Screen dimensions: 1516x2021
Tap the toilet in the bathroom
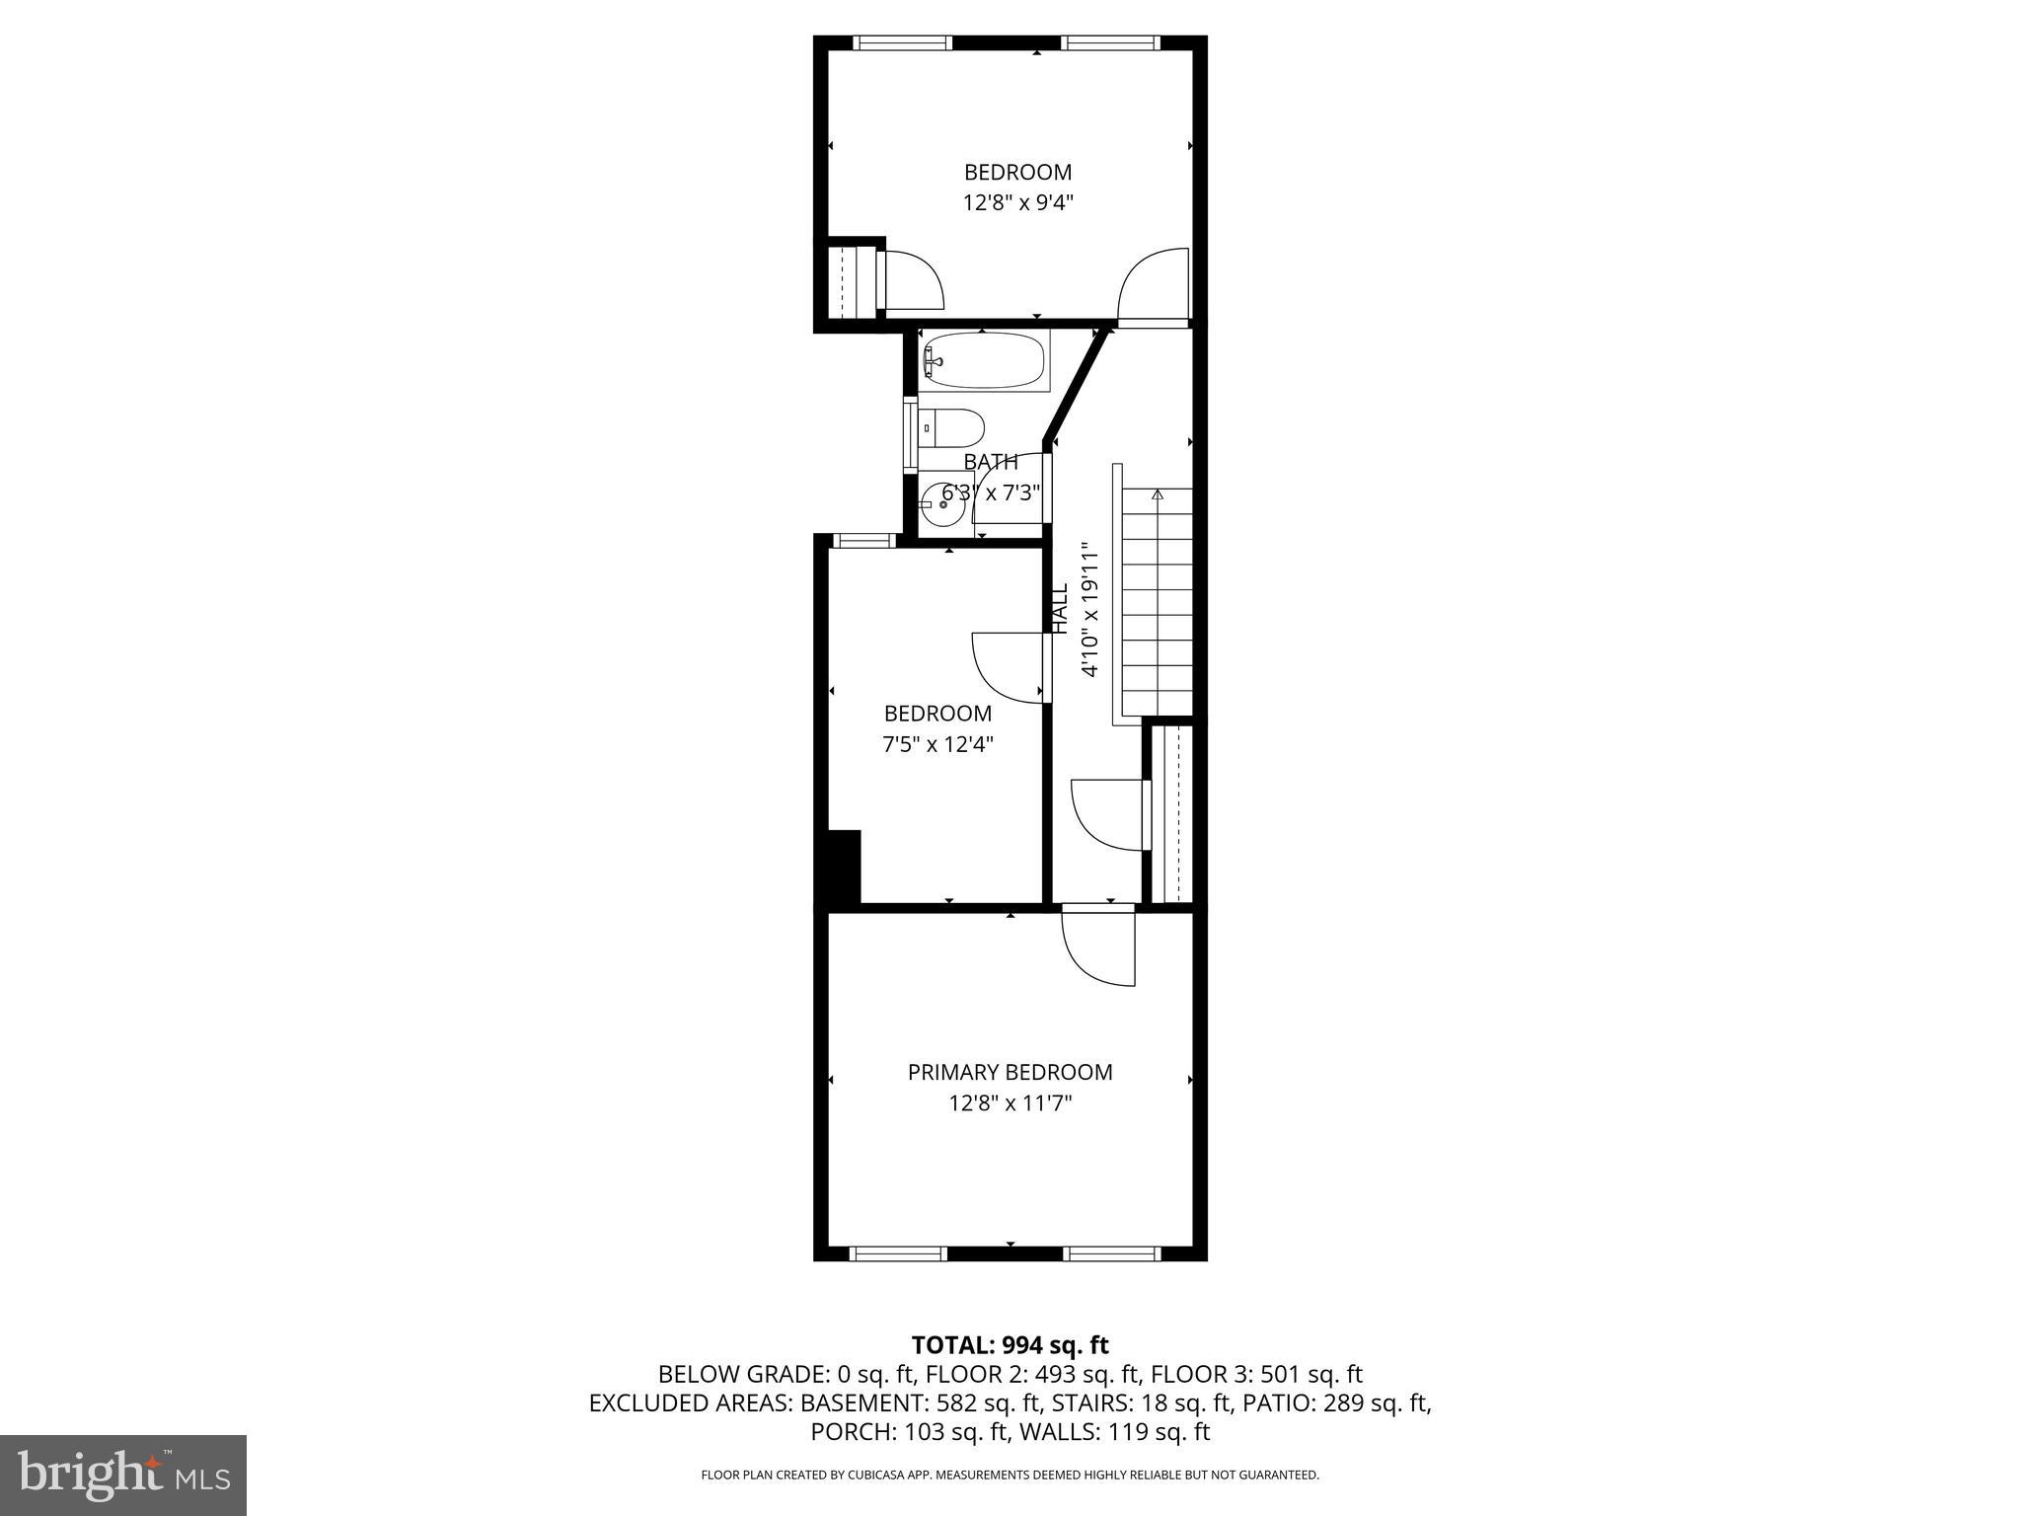(x=953, y=428)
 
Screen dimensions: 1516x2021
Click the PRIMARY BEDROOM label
(x=1010, y=1072)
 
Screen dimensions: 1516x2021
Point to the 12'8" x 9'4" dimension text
(x=1017, y=203)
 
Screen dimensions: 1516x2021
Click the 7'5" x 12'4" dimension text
(x=937, y=744)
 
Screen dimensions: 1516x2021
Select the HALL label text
(x=1060, y=608)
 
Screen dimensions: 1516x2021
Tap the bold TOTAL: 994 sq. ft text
(x=1010, y=1345)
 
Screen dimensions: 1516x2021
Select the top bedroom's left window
(x=902, y=42)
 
